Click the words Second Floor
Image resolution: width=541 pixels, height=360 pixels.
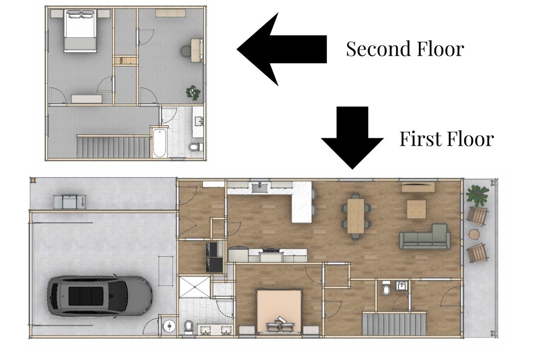(x=405, y=49)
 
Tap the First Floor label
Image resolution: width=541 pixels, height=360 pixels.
(x=446, y=139)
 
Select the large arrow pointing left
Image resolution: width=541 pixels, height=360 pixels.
(x=282, y=49)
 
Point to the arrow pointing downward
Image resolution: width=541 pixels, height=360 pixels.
(x=352, y=137)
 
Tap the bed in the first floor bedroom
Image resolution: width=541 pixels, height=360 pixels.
(x=279, y=311)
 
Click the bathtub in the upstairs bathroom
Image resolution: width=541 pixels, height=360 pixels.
(x=159, y=143)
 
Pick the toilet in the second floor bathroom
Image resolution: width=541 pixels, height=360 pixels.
(x=196, y=147)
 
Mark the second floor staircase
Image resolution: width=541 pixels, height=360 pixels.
(x=113, y=147)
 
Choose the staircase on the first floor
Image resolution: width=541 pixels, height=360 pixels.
(x=394, y=324)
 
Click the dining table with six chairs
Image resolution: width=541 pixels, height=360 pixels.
(x=356, y=215)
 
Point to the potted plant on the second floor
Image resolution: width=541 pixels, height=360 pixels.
(x=193, y=92)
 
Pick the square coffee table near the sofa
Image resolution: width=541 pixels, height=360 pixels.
(x=417, y=209)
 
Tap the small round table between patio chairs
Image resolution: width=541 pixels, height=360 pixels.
(x=474, y=234)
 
